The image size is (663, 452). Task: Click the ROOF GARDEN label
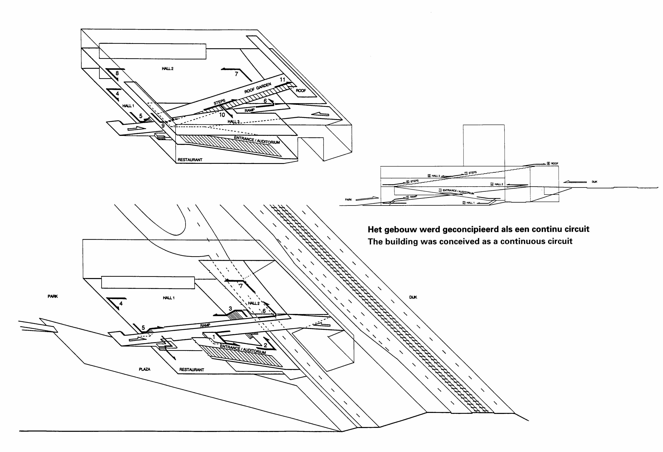[x=258, y=88]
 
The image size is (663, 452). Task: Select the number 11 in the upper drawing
[x=282, y=79]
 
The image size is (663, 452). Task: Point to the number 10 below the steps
[x=222, y=115]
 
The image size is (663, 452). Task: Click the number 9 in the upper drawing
[x=163, y=125]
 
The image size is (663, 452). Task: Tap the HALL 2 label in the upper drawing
[x=167, y=69]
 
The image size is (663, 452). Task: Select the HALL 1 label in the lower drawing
[x=169, y=298]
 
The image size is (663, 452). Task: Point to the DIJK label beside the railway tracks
[x=413, y=297]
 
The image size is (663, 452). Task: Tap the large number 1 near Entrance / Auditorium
[x=214, y=337]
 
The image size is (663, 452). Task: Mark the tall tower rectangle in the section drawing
[x=484, y=145]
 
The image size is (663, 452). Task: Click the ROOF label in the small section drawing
[x=555, y=164]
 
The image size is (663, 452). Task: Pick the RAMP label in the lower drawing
[x=205, y=325]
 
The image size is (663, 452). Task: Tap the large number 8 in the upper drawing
[x=117, y=73]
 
